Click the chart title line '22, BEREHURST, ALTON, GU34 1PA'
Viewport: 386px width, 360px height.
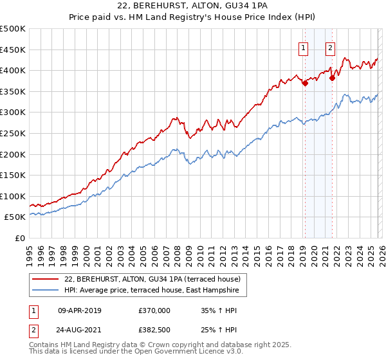point(193,6)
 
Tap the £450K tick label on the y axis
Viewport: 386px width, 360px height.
point(13,50)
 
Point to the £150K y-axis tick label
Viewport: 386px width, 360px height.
point(13,175)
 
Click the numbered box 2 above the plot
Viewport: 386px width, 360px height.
point(331,47)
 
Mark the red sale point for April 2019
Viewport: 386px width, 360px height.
point(305,83)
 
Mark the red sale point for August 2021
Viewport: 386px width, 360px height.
point(332,78)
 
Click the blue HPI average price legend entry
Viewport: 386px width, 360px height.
point(151,291)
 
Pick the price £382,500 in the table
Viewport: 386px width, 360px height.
point(154,330)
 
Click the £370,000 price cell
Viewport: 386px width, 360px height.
point(154,310)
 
